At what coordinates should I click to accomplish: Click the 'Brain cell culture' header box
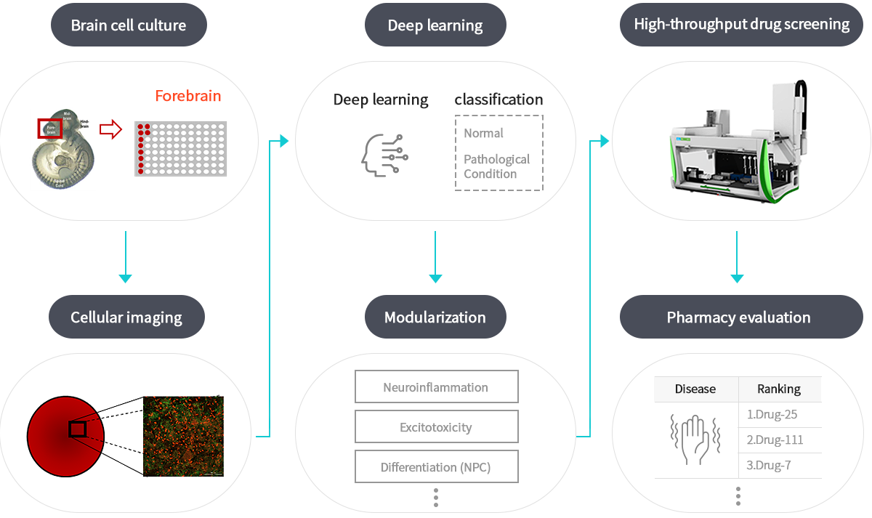point(128,25)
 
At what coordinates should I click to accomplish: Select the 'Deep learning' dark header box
point(435,25)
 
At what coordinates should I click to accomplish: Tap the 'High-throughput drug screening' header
point(741,25)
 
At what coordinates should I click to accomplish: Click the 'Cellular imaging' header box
point(126,317)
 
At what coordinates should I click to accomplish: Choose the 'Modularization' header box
point(435,317)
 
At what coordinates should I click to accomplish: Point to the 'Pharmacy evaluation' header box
point(738,317)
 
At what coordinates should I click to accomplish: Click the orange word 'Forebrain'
point(187,96)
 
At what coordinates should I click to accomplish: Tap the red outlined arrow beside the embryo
point(110,129)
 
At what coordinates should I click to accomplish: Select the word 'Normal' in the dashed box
point(484,133)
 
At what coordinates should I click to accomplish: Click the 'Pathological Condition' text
point(497,166)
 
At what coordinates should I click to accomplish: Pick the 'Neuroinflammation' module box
point(436,387)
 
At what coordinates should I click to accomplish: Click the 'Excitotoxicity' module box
point(436,427)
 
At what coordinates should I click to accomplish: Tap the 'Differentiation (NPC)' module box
point(436,467)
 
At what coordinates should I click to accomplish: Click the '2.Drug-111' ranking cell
point(775,440)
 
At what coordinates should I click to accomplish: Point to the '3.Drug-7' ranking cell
point(769,465)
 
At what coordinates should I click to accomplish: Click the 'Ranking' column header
point(779,389)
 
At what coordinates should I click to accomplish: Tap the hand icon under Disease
point(695,440)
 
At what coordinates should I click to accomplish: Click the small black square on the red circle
point(78,429)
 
